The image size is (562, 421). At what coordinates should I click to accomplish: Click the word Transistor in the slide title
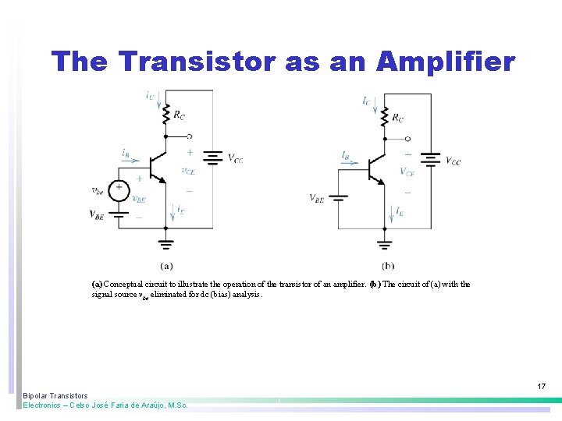[x=192, y=61]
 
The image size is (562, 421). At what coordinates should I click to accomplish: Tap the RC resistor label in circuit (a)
[x=180, y=115]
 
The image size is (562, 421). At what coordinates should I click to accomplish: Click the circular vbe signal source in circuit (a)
[x=119, y=188]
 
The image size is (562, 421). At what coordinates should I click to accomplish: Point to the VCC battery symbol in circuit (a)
[x=212, y=158]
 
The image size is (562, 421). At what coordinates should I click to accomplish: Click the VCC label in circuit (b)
[x=453, y=161]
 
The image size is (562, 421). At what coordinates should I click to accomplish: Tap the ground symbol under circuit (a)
[x=165, y=242]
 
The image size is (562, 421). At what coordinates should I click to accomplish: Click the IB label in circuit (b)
[x=345, y=154]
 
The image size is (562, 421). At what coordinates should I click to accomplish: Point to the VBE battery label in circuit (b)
[x=317, y=198]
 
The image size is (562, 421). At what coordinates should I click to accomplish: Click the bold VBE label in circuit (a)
[x=97, y=214]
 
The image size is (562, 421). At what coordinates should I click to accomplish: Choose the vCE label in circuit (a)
[x=188, y=171]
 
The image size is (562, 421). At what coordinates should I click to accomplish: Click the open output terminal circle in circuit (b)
[x=407, y=139]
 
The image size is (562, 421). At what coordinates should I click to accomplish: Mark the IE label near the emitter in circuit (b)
[x=400, y=211]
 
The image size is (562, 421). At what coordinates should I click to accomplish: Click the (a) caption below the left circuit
[x=166, y=267]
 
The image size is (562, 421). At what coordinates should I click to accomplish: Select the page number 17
[x=541, y=386]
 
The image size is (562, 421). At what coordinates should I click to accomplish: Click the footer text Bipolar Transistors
[x=55, y=396]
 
